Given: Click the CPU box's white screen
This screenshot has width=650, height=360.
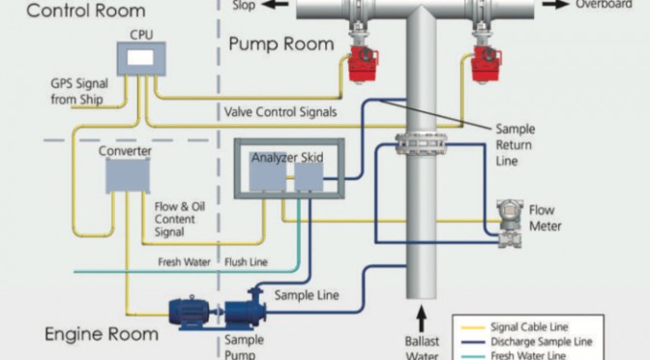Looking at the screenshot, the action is [140, 58].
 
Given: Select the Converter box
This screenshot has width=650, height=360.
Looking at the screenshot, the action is [128, 176].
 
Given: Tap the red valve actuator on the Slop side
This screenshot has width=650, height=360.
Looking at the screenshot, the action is [363, 64].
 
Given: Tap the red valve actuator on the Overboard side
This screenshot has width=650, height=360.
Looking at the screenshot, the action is [487, 64].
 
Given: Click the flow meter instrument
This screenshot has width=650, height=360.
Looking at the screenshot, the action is [510, 224].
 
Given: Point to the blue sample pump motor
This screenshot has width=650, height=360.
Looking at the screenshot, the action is [190, 312].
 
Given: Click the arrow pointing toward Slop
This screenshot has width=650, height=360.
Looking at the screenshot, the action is [275, 4].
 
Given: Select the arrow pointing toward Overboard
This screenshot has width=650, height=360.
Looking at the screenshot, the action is [556, 4].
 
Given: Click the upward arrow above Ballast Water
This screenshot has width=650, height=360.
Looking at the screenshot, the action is [421, 318].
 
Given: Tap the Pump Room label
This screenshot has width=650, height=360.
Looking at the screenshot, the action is [281, 44].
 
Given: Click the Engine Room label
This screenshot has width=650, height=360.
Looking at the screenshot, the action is [102, 334].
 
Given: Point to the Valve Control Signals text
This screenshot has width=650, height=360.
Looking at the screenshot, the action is [281, 112].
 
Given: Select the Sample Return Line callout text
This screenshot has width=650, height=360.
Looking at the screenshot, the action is [516, 145].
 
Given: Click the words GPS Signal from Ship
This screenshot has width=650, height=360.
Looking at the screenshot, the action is [79, 91].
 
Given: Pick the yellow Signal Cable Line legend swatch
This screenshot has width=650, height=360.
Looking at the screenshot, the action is [473, 327].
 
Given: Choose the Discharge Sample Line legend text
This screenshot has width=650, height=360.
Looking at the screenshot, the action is [542, 342].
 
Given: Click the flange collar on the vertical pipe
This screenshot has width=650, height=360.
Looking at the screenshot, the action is [421, 144].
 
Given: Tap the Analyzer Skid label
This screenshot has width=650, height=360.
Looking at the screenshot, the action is [287, 158].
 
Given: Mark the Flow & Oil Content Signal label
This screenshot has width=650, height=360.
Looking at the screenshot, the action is [180, 219].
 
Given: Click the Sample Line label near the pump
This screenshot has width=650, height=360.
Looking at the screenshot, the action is [307, 295].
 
